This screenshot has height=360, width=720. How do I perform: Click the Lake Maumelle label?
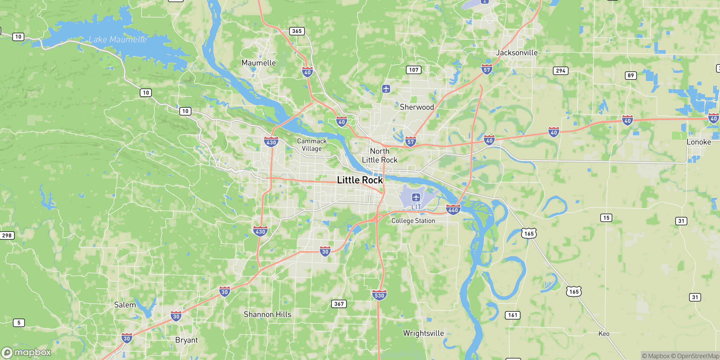[118, 40]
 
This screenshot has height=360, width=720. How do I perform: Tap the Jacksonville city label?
[517, 53]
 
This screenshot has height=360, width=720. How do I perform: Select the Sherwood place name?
[417, 107]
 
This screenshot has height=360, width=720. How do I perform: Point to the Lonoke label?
[699, 142]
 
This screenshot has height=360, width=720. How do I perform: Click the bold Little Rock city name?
[360, 180]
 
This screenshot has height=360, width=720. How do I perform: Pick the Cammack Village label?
[312, 145]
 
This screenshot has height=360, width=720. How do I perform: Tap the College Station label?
[413, 221]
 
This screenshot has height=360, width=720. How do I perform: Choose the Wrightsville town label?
[423, 333]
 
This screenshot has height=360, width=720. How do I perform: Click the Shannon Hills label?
[267, 314]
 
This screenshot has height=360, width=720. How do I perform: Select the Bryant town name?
[186, 340]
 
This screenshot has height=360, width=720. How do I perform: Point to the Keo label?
[604, 334]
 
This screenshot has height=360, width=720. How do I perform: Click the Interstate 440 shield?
[453, 210]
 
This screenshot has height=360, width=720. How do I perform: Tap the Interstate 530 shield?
[379, 295]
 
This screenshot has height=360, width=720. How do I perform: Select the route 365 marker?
[297, 31]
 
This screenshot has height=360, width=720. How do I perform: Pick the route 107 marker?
[413, 70]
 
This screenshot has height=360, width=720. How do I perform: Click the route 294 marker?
[560, 71]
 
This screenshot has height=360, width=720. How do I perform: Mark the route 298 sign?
[7, 235]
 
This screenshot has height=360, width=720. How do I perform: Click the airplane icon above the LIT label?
[416, 197]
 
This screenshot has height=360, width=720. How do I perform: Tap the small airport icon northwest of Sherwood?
[386, 89]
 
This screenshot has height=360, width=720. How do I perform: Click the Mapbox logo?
[26, 352]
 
